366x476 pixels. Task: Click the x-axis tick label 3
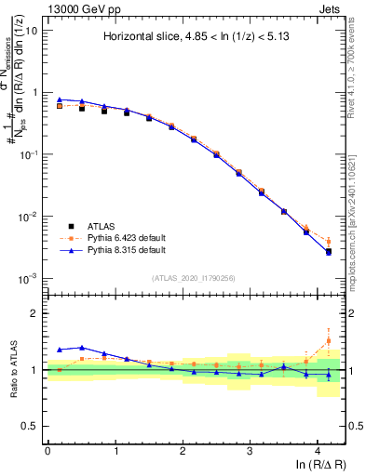(x=251, y=449)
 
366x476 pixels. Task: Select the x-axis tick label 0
(x=47, y=449)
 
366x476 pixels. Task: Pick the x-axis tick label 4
(x=318, y=449)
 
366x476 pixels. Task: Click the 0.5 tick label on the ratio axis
(x=32, y=426)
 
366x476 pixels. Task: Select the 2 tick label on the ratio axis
(x=35, y=313)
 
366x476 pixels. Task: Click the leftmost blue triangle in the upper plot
(x=60, y=99)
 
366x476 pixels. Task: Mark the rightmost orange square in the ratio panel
(x=328, y=340)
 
